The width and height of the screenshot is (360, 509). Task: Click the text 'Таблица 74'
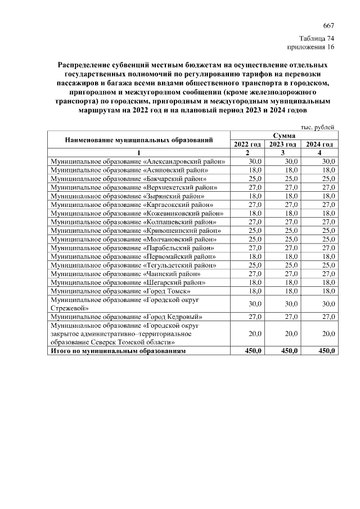coord(317,39)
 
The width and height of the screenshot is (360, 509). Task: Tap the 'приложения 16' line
coord(312,47)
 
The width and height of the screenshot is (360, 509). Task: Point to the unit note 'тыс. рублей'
coord(319,128)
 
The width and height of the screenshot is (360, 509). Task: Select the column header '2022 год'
coord(247,145)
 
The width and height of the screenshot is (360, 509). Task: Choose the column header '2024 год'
coord(319,145)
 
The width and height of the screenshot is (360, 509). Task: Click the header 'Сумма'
coord(285,136)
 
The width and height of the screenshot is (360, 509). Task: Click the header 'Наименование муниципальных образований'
coord(139,140)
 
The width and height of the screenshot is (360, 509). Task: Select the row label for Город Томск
coord(121,291)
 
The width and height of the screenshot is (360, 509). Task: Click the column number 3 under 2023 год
coord(283,153)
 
